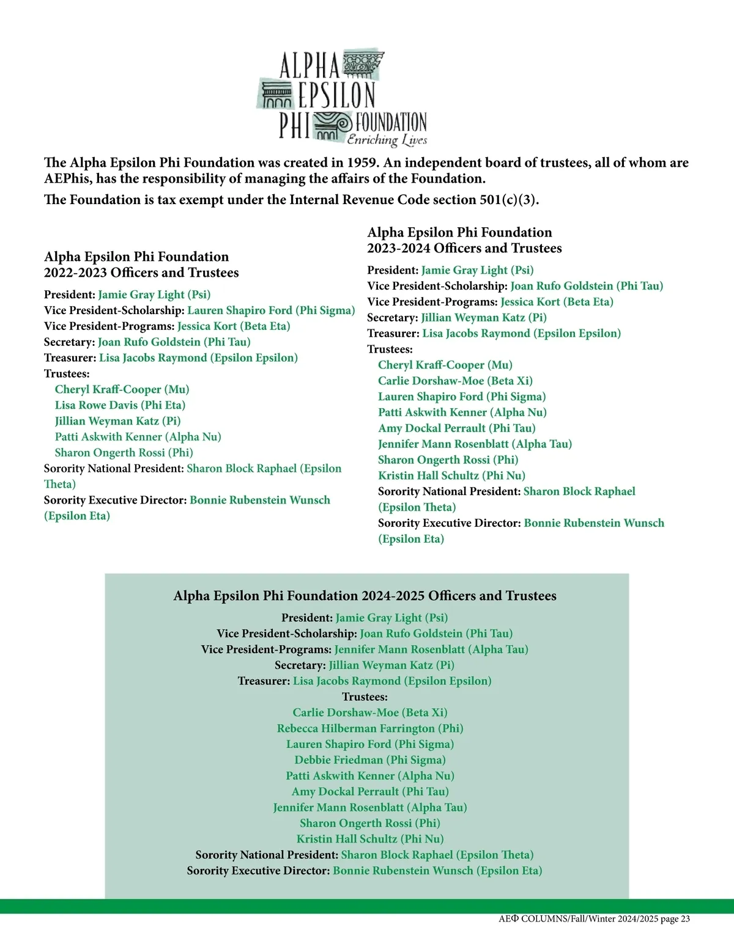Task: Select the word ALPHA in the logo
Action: [309, 65]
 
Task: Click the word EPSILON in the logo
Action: [336, 96]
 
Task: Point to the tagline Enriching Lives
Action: [387, 141]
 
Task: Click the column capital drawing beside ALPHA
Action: [363, 64]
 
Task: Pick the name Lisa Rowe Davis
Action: [120, 405]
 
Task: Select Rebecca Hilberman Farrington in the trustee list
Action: [369, 728]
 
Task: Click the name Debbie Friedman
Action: [369, 760]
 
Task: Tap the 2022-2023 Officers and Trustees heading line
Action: [141, 273]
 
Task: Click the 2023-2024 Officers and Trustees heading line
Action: [464, 248]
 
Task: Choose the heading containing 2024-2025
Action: [365, 596]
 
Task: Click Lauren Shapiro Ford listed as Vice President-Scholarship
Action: [271, 310]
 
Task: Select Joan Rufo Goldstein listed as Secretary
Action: [174, 342]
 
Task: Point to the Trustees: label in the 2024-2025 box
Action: [365, 697]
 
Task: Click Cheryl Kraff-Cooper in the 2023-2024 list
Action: [445, 365]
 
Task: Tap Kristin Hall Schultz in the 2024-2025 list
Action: [369, 839]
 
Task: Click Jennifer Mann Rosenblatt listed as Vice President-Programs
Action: [431, 650]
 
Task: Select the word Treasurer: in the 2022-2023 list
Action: [70, 358]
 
